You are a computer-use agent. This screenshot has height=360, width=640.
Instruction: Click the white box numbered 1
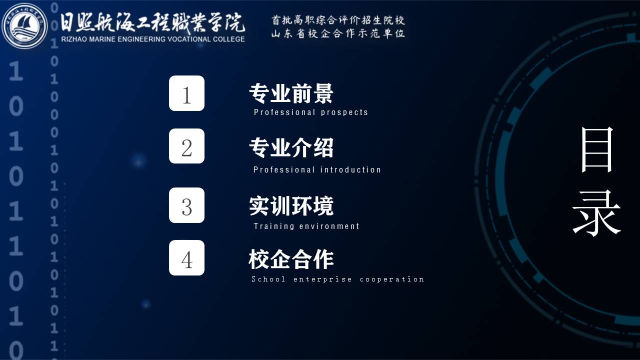pos(186,93)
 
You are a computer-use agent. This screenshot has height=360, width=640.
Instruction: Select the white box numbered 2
pos(186,146)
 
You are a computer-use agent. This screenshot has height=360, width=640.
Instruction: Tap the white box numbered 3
pos(186,205)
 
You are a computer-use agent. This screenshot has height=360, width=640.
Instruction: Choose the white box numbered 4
pos(186,257)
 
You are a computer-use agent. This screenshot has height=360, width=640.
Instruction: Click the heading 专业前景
pos(291,93)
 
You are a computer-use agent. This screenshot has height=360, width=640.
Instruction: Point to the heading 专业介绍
pos(291,147)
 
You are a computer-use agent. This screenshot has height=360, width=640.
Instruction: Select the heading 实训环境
pos(291,205)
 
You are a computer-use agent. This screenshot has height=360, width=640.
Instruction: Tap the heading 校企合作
pos(291,259)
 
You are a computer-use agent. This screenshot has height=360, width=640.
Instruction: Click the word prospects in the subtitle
pos(344,112)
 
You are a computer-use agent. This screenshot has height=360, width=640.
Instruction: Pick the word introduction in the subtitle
pos(350,169)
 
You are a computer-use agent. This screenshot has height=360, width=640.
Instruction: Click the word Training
pos(273,226)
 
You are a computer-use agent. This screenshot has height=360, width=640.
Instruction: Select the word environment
pos(329,226)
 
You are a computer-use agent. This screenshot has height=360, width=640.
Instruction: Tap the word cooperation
pos(391,279)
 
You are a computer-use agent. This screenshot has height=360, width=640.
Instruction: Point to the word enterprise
pos(322,279)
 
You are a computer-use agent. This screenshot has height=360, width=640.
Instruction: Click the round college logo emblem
pos(24,26)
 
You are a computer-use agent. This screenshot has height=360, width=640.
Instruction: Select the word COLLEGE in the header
pos(228,39)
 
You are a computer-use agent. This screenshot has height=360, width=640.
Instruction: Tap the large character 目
pos(597,149)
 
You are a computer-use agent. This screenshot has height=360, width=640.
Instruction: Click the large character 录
pos(596,213)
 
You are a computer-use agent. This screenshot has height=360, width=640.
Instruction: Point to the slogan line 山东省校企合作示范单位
pos(338,33)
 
